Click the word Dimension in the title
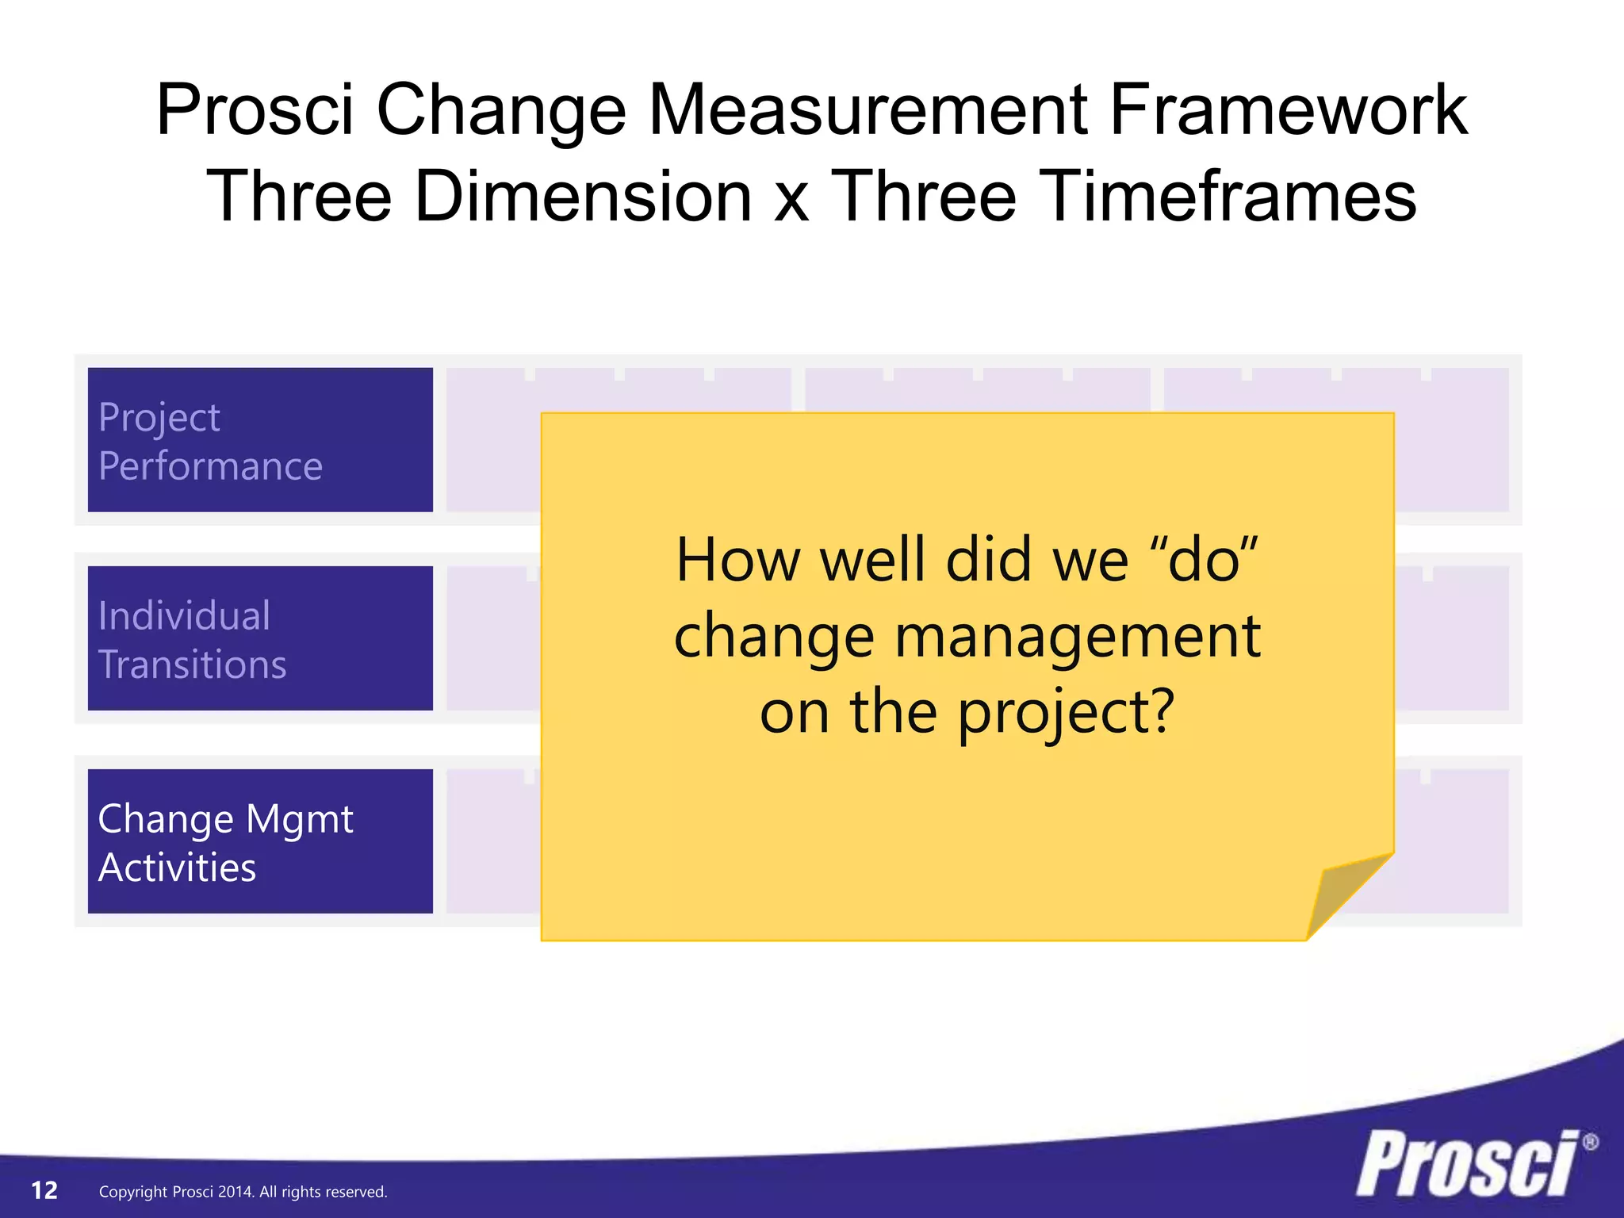[582, 196]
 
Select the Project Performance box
[260, 440]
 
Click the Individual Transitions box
[260, 638]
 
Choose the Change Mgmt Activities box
[260, 841]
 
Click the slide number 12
[44, 1190]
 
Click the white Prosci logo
[1467, 1164]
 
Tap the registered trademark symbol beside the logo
[1590, 1143]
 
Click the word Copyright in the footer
[132, 1192]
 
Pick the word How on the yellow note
[737, 561]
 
